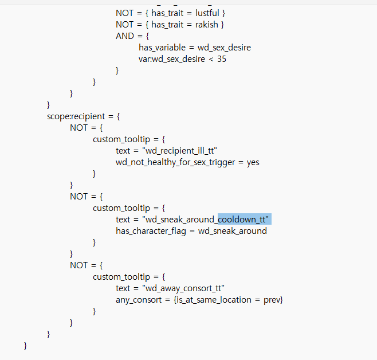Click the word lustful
pos(207,13)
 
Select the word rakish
pos(206,25)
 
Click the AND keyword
pos(125,36)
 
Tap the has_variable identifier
pos(162,48)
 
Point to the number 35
pos(222,59)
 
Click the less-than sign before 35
pos(211,59)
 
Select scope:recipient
pos(76,116)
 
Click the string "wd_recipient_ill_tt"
pos(179,151)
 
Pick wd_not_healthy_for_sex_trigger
pos(175,162)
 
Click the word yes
pos(253,163)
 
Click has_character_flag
pos(151,231)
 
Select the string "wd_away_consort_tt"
pos(183,288)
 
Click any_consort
pos(139,300)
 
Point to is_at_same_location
pos(214,300)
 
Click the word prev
pos(272,300)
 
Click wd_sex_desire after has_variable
pos(225,48)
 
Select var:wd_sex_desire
pos(172,59)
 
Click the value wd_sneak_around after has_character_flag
pos(233,231)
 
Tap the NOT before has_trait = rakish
pos(124,25)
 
